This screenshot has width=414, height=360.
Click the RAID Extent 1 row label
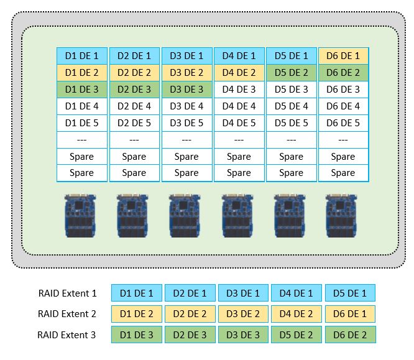[67, 293]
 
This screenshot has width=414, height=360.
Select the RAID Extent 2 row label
[67, 314]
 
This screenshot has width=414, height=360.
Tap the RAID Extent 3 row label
[67, 335]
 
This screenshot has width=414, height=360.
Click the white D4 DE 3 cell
[239, 89]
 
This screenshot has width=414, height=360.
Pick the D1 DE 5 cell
[82, 122]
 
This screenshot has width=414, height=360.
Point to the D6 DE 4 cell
[343, 106]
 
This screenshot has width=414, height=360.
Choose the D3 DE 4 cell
[186, 106]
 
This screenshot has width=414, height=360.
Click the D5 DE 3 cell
[291, 89]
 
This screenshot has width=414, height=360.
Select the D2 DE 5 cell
[134, 122]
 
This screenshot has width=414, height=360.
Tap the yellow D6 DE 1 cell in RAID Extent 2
[350, 314]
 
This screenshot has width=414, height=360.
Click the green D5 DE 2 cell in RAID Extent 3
[297, 335]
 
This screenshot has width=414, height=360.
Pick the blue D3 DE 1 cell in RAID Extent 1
[243, 293]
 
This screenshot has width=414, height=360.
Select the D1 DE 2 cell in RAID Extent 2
[136, 314]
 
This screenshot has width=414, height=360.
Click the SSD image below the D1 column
[81, 215]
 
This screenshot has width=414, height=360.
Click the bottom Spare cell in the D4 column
[239, 173]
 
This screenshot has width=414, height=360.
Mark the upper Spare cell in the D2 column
[134, 157]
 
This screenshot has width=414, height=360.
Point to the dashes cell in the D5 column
[291, 140]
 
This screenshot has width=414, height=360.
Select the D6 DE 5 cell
[343, 122]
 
